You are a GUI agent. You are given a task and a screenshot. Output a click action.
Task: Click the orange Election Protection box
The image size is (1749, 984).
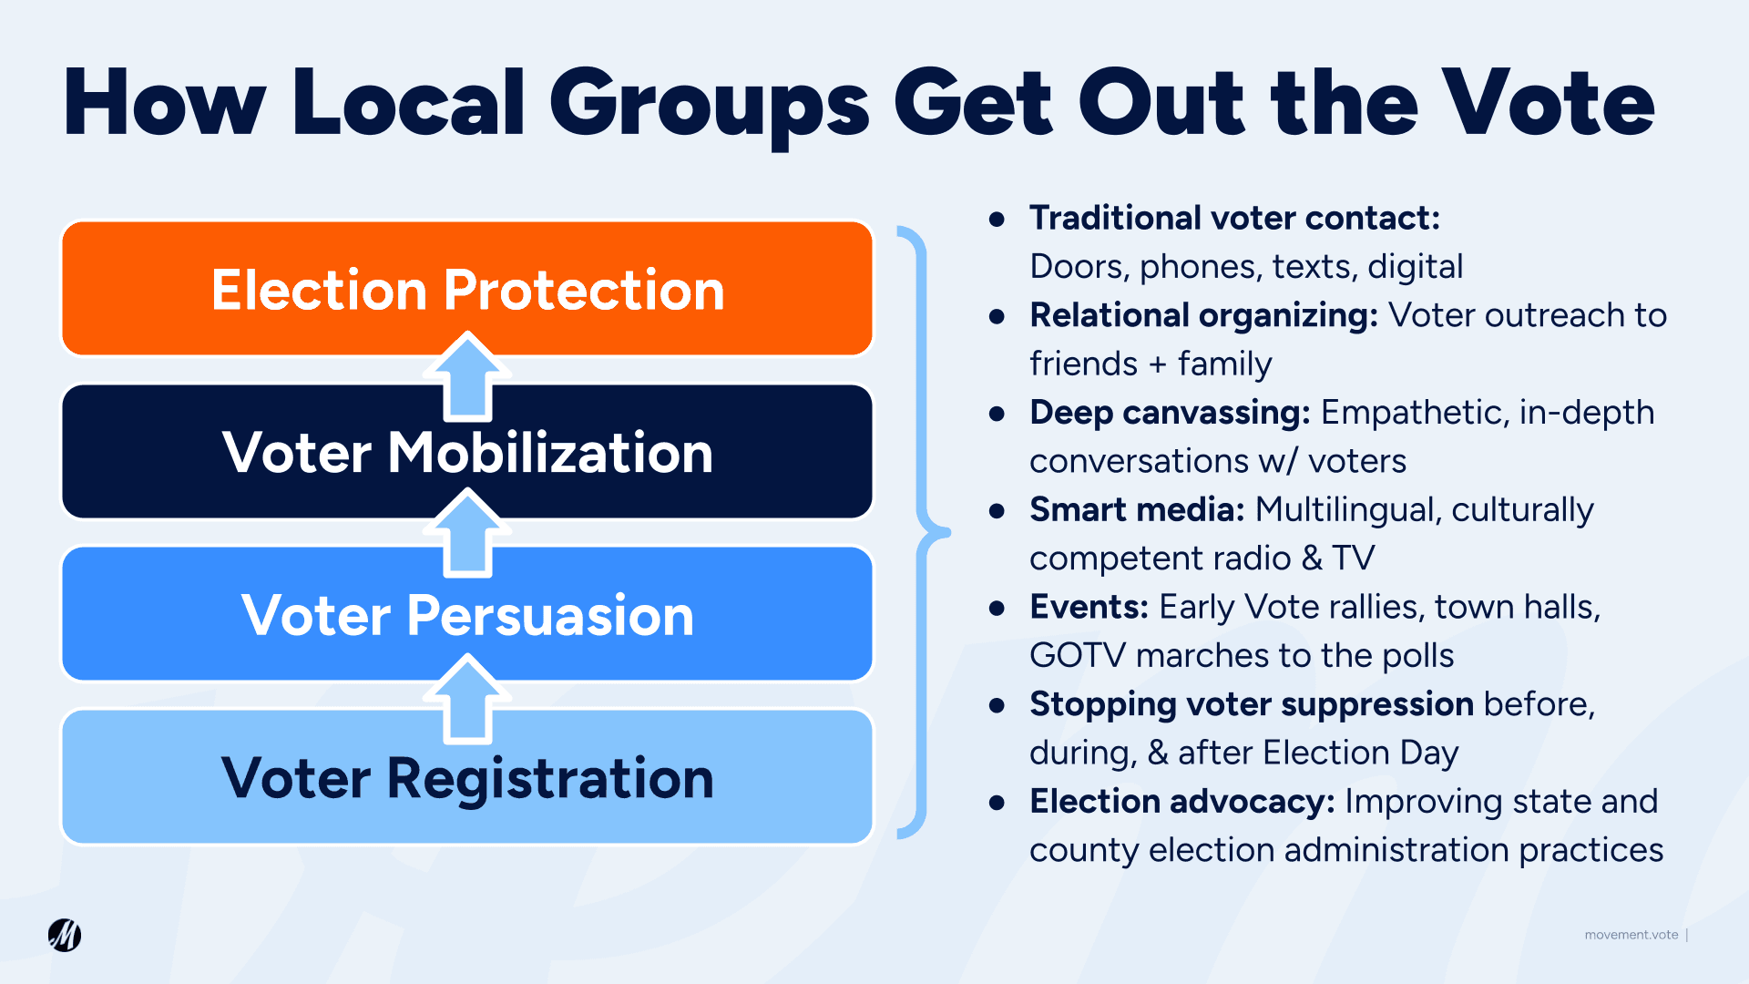(x=467, y=288)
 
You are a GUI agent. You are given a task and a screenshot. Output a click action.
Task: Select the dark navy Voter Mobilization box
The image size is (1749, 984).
(x=467, y=451)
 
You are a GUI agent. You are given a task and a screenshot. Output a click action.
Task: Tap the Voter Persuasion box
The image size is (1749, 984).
(x=467, y=613)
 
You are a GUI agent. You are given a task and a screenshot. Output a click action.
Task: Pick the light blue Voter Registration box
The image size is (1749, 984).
(x=467, y=776)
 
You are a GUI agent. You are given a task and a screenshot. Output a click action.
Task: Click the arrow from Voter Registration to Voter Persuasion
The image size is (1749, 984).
(x=467, y=700)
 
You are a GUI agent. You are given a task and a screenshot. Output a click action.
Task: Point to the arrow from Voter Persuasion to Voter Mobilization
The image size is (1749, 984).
(x=467, y=533)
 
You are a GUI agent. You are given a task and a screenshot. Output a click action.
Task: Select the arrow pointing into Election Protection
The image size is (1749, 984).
(x=467, y=376)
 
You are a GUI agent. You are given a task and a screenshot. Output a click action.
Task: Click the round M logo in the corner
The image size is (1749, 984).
(x=65, y=935)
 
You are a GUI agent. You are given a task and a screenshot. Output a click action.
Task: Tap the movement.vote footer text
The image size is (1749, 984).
(x=1631, y=935)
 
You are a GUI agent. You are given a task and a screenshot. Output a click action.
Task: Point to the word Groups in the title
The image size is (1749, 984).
(x=710, y=108)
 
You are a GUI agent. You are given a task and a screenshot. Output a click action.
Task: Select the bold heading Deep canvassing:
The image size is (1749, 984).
(x=1170, y=413)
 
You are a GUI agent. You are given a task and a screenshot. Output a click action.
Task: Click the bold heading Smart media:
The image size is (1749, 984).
(x=1137, y=509)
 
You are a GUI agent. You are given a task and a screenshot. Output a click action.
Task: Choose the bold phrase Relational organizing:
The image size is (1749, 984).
(x=1204, y=315)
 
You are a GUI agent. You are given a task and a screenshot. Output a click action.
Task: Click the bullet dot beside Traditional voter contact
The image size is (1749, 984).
(x=997, y=219)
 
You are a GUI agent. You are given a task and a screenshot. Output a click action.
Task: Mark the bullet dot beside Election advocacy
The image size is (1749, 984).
(x=997, y=803)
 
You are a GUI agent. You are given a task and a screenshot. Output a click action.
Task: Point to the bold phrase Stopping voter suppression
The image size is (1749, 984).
(x=1252, y=705)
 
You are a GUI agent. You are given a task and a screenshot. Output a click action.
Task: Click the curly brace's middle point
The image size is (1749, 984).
(x=946, y=532)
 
